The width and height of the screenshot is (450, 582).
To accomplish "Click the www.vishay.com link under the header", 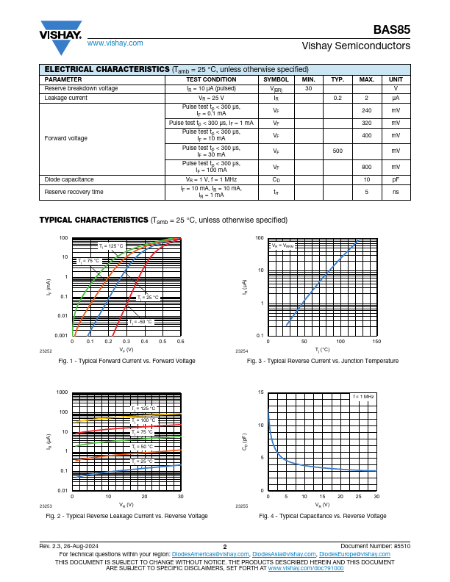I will tap(115, 43).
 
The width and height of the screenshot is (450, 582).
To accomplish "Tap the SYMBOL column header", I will tap(276, 79).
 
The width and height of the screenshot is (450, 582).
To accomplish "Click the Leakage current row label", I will tap(66, 98).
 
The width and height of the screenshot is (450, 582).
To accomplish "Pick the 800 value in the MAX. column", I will tap(366, 167).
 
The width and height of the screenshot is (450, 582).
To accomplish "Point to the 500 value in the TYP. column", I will tap(337, 151).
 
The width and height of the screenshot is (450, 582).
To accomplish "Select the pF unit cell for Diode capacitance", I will tap(396, 179).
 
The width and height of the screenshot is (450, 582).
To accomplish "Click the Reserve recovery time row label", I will tap(74, 192).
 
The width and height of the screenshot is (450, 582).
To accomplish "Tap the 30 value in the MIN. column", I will tap(309, 88).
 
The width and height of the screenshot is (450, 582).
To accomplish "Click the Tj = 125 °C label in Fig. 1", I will tap(112, 245).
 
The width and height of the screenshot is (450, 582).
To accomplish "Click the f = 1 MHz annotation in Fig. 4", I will tap(363, 397).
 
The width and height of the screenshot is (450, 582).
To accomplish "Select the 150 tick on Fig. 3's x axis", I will tap(376, 342).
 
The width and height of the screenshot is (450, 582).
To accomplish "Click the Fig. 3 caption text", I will tap(323, 361).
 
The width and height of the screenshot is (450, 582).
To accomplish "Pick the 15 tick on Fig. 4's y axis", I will tap(261, 392).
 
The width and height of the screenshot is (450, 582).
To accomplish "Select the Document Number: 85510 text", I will tap(376, 547).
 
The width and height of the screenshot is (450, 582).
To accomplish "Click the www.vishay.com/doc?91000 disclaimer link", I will tap(305, 568).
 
